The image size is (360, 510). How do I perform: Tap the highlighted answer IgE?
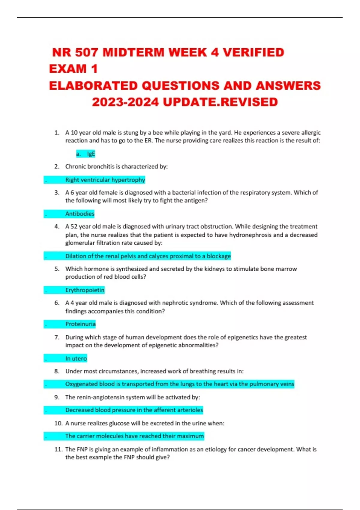91,154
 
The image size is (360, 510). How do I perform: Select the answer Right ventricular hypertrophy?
105,180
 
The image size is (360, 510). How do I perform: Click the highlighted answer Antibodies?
80,214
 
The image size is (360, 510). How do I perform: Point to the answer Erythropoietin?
85,290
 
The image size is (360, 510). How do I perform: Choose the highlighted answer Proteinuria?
80,324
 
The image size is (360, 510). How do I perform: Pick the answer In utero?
76,358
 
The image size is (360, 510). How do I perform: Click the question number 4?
57,226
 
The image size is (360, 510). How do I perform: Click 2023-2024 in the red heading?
125,102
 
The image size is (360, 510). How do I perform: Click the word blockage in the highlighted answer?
219,256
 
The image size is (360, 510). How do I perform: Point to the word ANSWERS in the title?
288,86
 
